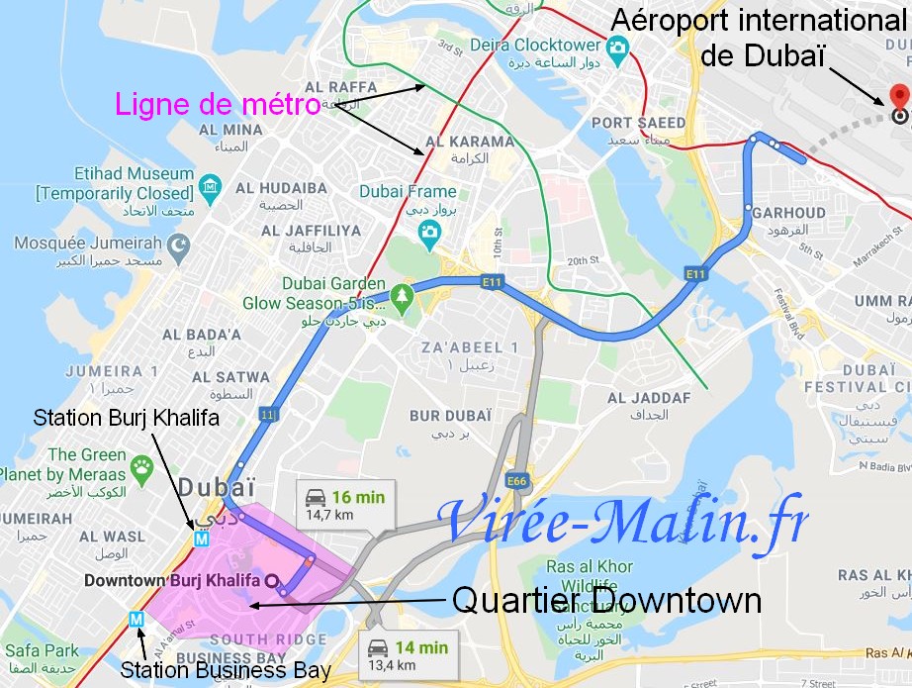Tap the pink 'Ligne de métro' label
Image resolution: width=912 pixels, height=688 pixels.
coord(218,103)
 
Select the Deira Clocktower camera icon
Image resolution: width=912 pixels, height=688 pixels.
coord(618,47)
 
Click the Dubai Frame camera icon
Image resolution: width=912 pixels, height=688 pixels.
coord(428,232)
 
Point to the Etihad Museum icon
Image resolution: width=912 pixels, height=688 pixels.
coord(210,187)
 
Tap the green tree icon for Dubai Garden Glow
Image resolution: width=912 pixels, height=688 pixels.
coord(401,294)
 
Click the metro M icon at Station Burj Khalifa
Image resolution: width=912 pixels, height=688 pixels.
coord(202,541)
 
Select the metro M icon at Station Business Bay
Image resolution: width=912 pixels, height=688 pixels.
coord(137,620)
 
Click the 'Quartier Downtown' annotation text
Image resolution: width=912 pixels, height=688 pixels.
coord(606,601)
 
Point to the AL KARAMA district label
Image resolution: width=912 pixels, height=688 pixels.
coord(469,141)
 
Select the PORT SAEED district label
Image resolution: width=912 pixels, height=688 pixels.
coord(638,123)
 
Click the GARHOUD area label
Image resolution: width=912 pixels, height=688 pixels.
coord(788,212)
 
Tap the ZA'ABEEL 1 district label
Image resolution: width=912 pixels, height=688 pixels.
coord(470,346)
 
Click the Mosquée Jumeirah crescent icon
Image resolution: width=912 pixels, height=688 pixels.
coord(178,244)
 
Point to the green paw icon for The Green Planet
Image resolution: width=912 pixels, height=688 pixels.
coord(143,464)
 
